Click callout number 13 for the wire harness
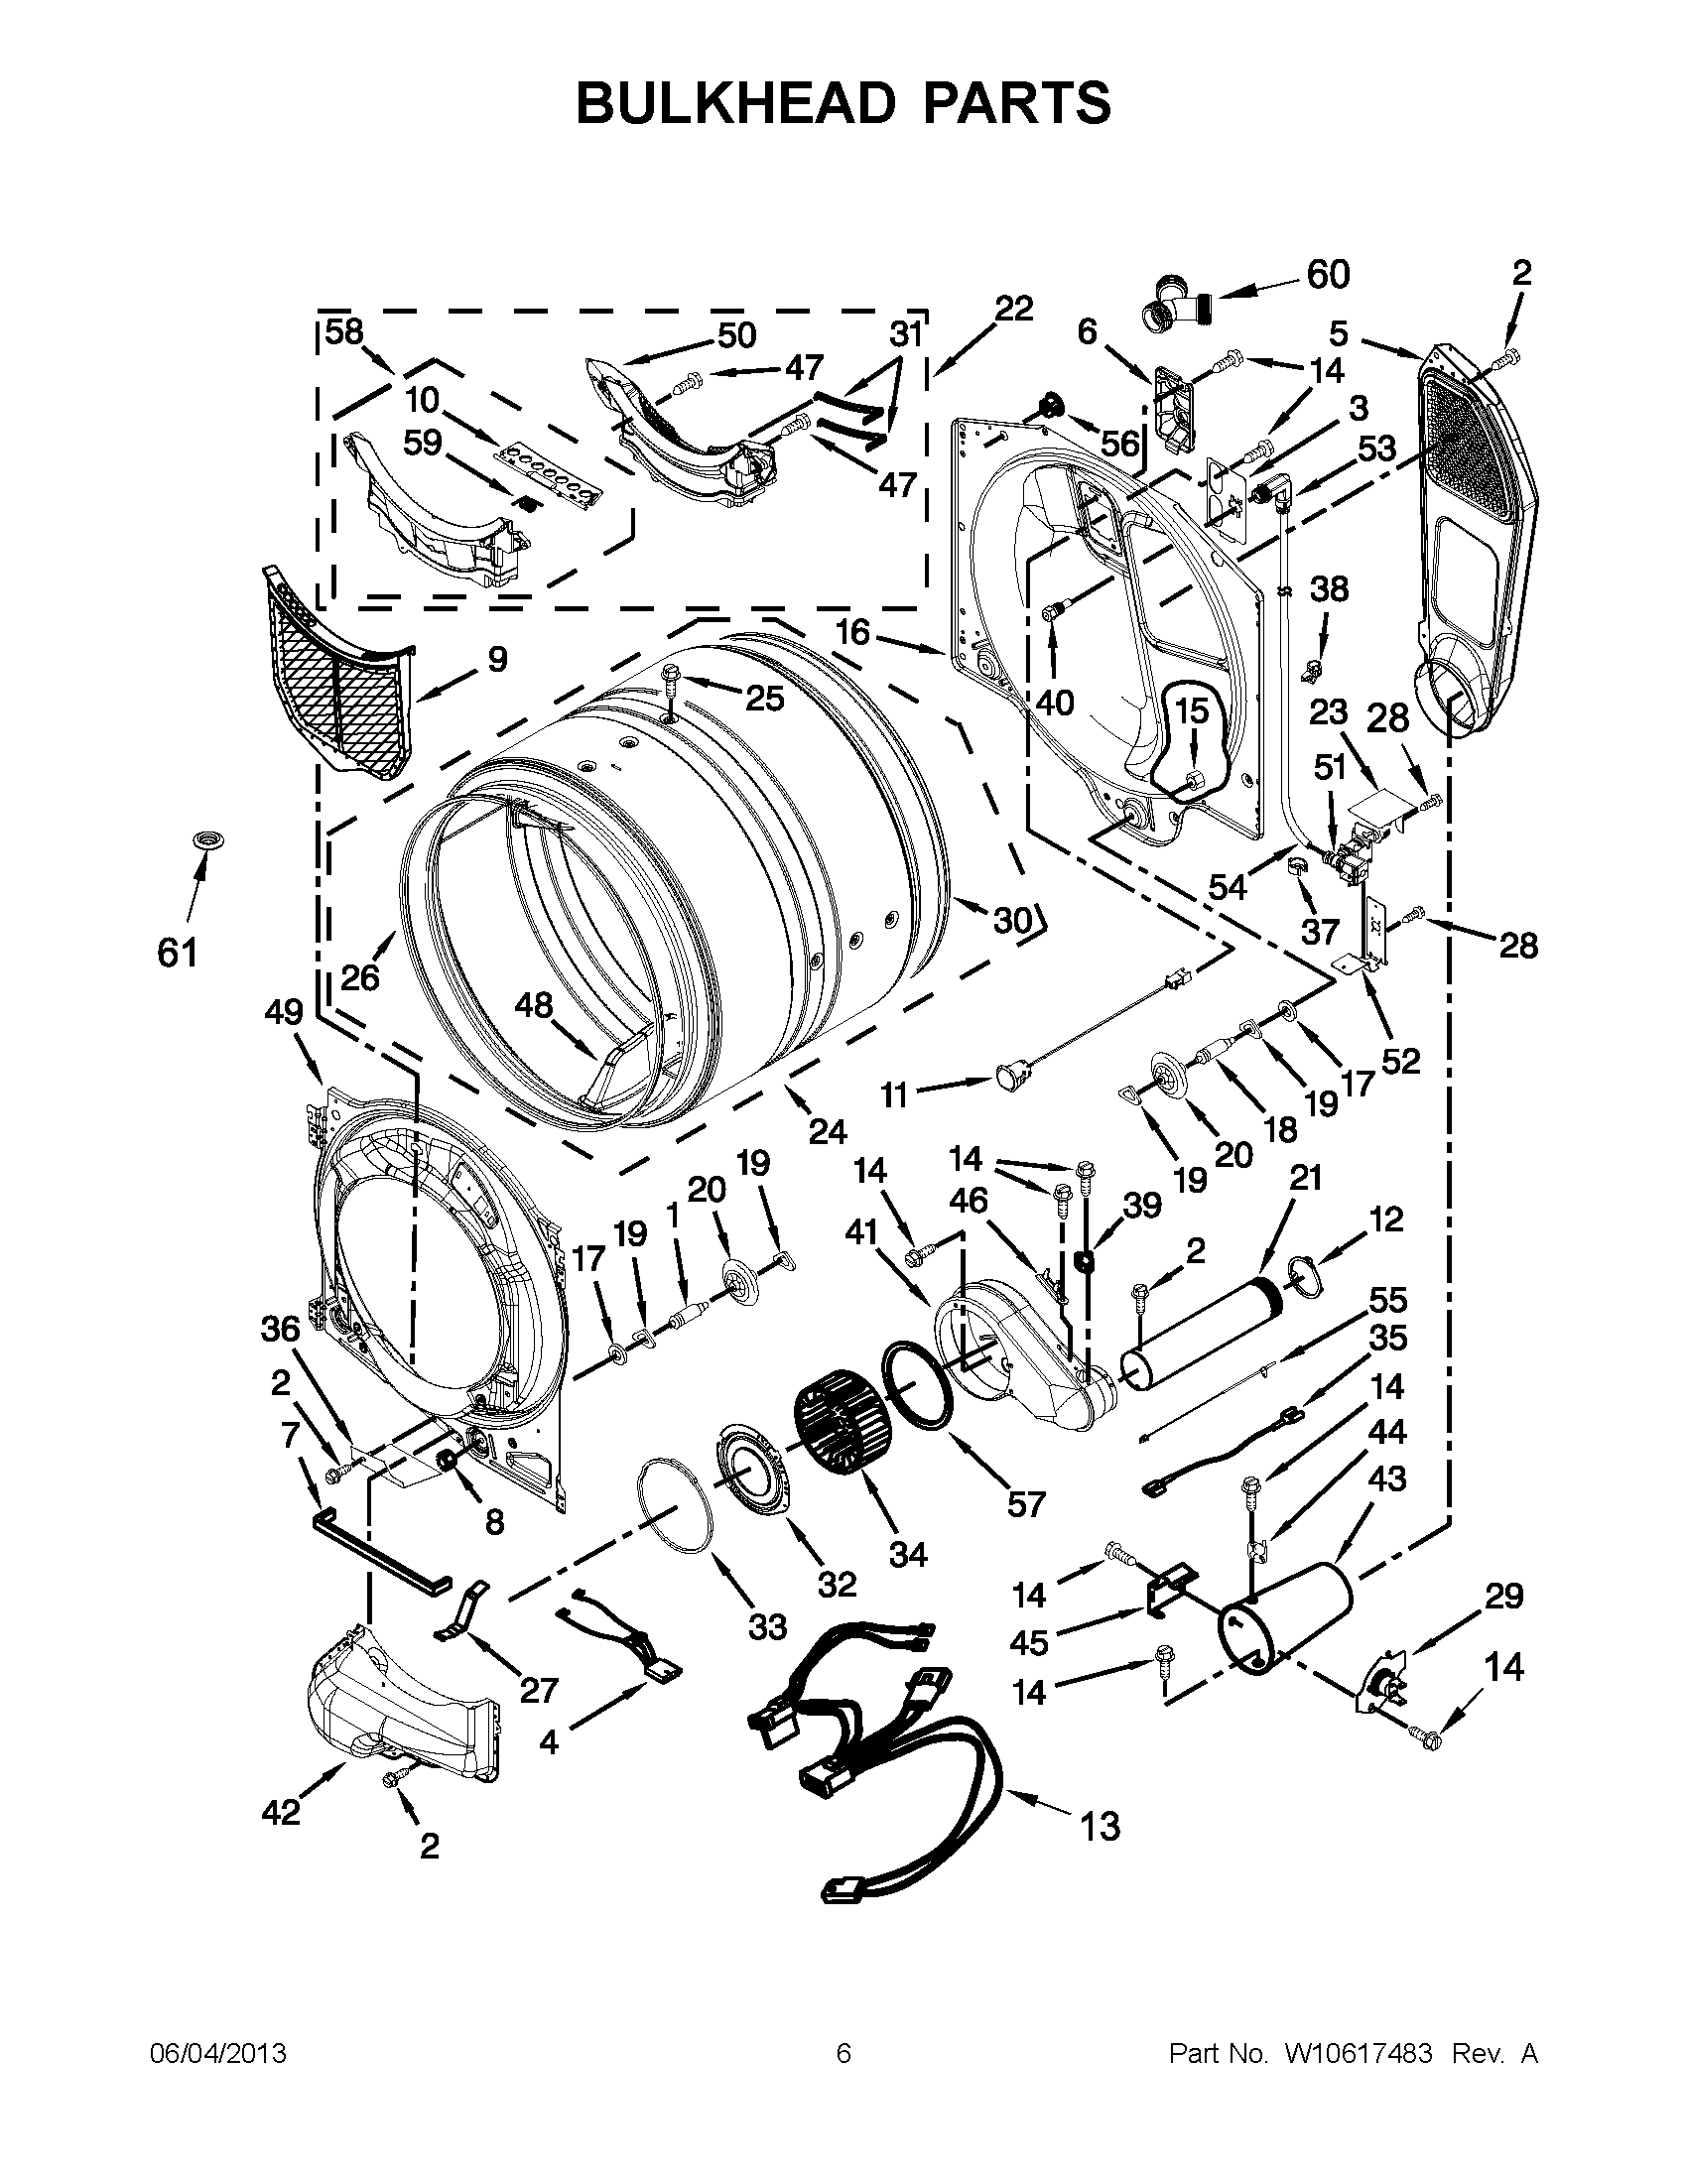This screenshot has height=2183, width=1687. (x=1100, y=1827)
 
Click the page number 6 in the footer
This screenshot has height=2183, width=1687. (x=843, y=2053)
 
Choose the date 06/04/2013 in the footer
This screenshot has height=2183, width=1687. (x=218, y=2053)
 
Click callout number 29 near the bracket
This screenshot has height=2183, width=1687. (x=1502, y=1597)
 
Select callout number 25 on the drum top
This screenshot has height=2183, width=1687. (x=764, y=698)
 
